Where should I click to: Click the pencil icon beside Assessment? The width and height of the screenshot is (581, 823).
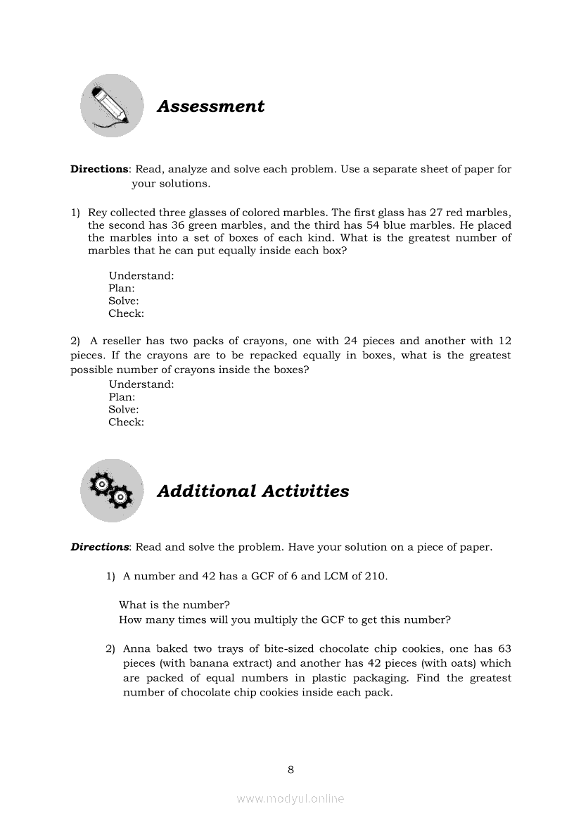tap(111, 106)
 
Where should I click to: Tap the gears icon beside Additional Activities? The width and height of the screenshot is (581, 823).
tap(111, 490)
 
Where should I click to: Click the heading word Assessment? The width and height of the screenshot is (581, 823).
tap(210, 106)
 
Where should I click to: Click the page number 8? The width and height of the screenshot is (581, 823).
tap(290, 769)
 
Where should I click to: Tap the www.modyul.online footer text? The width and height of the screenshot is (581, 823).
tap(290, 798)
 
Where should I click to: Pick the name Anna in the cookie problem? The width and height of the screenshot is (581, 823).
tap(136, 648)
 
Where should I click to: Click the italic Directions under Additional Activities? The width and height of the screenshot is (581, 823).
tap(99, 547)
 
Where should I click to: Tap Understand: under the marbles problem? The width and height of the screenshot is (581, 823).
tap(141, 276)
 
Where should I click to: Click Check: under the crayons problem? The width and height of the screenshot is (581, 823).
tap(126, 422)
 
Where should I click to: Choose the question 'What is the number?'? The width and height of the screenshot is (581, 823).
tap(174, 605)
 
